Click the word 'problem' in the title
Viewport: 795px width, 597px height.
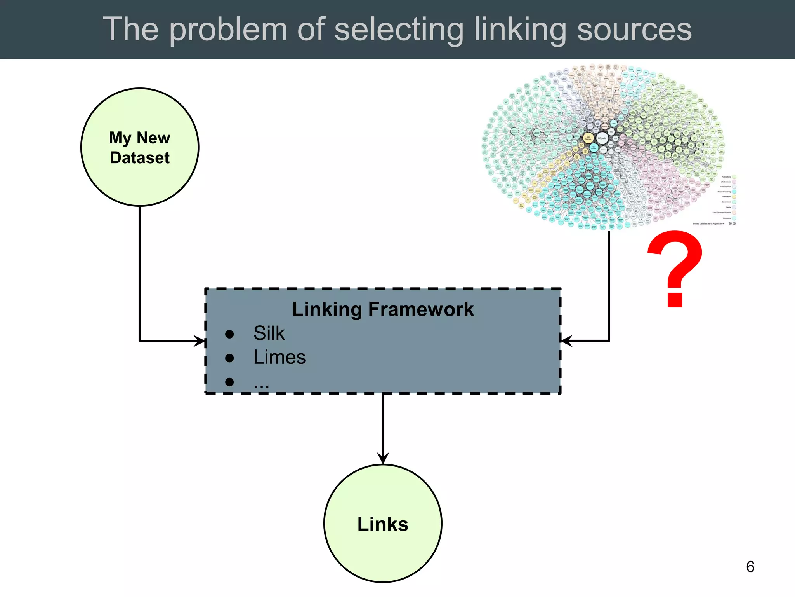click(228, 30)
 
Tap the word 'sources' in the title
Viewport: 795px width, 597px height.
click(634, 30)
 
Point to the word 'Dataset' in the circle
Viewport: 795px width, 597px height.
click(140, 158)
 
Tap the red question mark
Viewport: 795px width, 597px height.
click(675, 268)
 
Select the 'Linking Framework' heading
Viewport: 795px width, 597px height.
click(383, 309)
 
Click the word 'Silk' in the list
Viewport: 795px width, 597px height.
click(269, 333)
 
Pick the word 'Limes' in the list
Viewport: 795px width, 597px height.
click(279, 357)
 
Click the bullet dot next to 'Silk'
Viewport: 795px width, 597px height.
click(229, 334)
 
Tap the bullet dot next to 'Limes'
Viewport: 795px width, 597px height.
click(229, 358)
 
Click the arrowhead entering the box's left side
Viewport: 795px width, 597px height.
click(200, 341)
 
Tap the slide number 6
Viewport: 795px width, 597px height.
click(750, 567)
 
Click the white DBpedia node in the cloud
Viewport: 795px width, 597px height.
click(602, 138)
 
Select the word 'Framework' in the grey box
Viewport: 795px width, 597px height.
click(421, 309)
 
